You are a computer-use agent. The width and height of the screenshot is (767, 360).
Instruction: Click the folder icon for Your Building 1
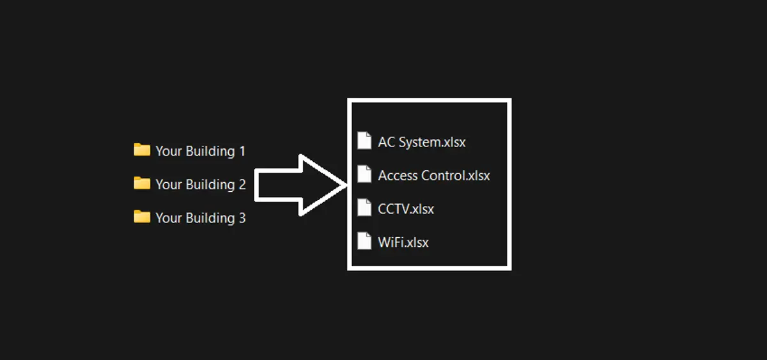pos(141,150)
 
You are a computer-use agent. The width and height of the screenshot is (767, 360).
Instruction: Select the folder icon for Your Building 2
pos(141,184)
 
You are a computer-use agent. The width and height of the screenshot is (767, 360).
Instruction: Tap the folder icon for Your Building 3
pos(141,217)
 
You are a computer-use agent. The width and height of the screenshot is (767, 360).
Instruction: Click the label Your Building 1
pos(200,152)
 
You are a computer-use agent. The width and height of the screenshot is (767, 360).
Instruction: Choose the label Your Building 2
pos(200,185)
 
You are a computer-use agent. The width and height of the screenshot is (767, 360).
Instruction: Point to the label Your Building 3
pos(200,218)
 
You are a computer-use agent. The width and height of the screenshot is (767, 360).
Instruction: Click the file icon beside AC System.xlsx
pos(364,141)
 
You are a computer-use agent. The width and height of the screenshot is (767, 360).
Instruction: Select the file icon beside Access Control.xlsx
pos(364,174)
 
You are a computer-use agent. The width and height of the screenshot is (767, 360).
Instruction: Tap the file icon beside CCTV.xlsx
pos(364,208)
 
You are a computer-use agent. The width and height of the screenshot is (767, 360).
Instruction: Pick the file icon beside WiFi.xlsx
pos(364,241)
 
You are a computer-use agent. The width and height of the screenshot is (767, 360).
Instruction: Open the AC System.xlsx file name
pos(422,142)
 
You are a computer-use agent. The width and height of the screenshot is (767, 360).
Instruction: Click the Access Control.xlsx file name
pos(434,175)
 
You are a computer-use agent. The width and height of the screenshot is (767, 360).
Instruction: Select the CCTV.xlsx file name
pos(406,208)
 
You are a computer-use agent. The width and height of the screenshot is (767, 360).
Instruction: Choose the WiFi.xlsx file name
pos(403,242)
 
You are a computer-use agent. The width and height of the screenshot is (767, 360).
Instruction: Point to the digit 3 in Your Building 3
pos(242,218)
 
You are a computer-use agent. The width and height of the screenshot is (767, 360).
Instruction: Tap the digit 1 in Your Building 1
pos(242,152)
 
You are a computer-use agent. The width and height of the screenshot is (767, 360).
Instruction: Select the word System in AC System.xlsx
pos(419,142)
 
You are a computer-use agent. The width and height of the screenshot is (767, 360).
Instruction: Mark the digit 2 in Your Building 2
pos(242,185)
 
